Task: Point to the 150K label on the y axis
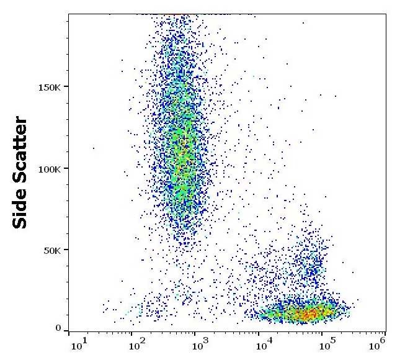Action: pyautogui.click(x=48, y=86)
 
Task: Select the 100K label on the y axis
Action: pyautogui.click(x=48, y=168)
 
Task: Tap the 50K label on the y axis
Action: pyautogui.click(x=51, y=250)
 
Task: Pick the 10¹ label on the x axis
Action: pyautogui.click(x=78, y=343)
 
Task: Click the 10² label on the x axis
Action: pyautogui.click(x=136, y=343)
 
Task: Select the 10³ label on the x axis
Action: pyautogui.click(x=198, y=343)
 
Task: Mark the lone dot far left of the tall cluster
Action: pyautogui.click(x=94, y=148)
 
